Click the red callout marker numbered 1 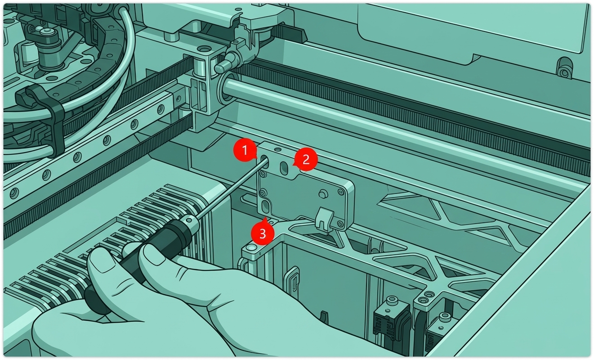245,150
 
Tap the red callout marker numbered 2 305,159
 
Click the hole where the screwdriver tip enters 265,162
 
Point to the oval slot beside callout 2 284,168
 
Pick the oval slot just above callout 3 265,207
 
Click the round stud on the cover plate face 322,194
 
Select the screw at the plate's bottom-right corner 340,225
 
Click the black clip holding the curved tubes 44,117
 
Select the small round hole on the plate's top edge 277,149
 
